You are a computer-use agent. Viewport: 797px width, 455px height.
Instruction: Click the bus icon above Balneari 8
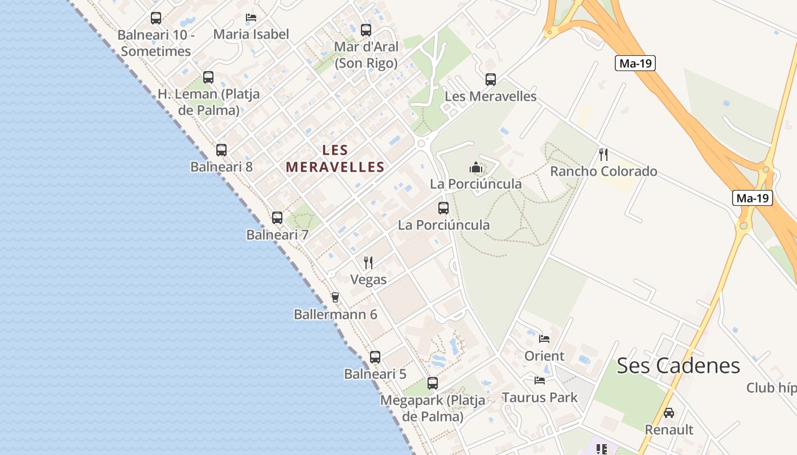click(x=221, y=150)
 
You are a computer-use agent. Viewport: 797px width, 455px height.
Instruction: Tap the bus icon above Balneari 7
click(x=277, y=217)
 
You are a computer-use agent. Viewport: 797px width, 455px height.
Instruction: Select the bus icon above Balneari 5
click(x=375, y=357)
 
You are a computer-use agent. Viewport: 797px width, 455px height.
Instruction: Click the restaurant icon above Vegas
click(x=368, y=262)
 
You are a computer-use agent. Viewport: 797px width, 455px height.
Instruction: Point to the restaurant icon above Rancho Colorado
click(x=603, y=154)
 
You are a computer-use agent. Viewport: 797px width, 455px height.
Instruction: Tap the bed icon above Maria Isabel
click(x=251, y=18)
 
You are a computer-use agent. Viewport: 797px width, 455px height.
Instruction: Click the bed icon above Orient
click(x=544, y=339)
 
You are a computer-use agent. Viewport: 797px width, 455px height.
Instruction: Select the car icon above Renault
click(x=669, y=412)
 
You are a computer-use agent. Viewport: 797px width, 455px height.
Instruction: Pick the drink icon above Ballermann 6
click(x=335, y=297)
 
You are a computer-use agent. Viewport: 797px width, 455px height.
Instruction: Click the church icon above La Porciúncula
click(x=476, y=167)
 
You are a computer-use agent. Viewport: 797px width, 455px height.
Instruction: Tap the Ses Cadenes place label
click(x=678, y=366)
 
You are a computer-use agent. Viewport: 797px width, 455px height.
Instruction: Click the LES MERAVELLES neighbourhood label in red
click(x=335, y=159)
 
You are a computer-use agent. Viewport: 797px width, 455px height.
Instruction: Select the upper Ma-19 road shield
click(x=635, y=63)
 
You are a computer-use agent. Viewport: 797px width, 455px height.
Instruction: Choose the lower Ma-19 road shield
click(x=752, y=198)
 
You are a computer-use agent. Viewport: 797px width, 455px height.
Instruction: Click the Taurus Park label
click(x=539, y=398)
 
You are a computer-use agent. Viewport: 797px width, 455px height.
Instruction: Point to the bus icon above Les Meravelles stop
click(x=491, y=80)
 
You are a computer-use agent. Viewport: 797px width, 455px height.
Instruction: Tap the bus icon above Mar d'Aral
click(x=366, y=30)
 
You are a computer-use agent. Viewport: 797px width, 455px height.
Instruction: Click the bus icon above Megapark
click(x=433, y=383)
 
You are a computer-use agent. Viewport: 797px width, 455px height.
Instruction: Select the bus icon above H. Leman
click(x=208, y=77)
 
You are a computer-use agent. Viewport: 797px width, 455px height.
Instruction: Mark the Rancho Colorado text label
click(x=603, y=171)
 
